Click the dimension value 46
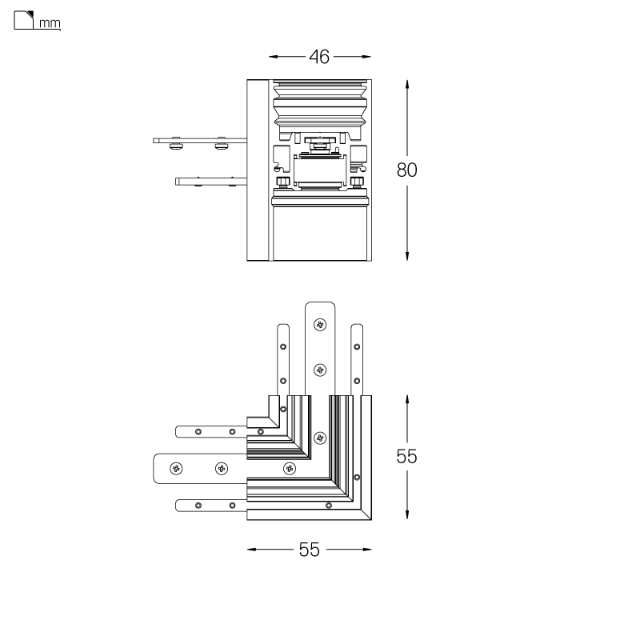pyautogui.click(x=319, y=57)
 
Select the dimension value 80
pyautogui.click(x=407, y=170)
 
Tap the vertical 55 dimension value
pyautogui.click(x=407, y=456)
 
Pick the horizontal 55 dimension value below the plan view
pyautogui.click(x=309, y=550)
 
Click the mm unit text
pyautogui.click(x=50, y=23)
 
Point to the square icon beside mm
pyautogui.click(x=24, y=20)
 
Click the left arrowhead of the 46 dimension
pyautogui.click(x=273, y=57)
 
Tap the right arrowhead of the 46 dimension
pyautogui.click(x=366, y=57)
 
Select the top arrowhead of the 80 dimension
pyautogui.click(x=407, y=85)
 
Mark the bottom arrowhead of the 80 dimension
pyautogui.click(x=407, y=256)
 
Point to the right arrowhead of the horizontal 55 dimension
pyautogui.click(x=366, y=550)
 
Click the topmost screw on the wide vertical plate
pyautogui.click(x=320, y=325)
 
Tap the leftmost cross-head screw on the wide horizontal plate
pyautogui.click(x=176, y=469)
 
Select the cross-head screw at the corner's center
pyautogui.click(x=320, y=438)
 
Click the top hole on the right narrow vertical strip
pyautogui.click(x=357, y=347)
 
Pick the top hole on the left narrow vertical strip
pyautogui.click(x=283, y=347)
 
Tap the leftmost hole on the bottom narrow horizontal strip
pyautogui.click(x=198, y=506)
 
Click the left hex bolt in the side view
pyautogui.click(x=282, y=182)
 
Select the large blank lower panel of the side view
pyautogui.click(x=321, y=234)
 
